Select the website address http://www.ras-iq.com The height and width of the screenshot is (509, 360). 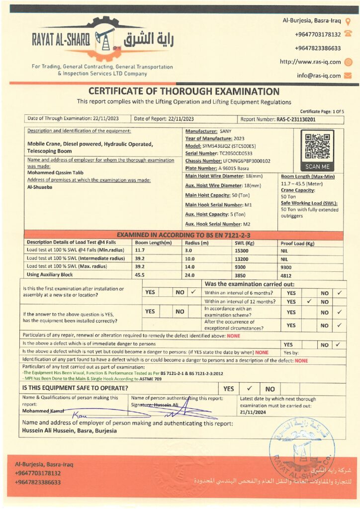point(310,62)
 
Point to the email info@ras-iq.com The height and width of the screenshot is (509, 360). point(319,76)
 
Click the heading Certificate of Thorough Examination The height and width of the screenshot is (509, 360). point(183,91)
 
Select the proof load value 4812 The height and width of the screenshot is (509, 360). point(287,275)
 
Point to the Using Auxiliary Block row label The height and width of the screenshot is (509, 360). point(49,275)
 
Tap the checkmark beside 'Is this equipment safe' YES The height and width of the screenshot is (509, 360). point(250,389)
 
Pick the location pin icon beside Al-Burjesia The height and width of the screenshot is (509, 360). point(348,21)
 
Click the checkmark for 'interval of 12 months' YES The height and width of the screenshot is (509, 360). point(309,301)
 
